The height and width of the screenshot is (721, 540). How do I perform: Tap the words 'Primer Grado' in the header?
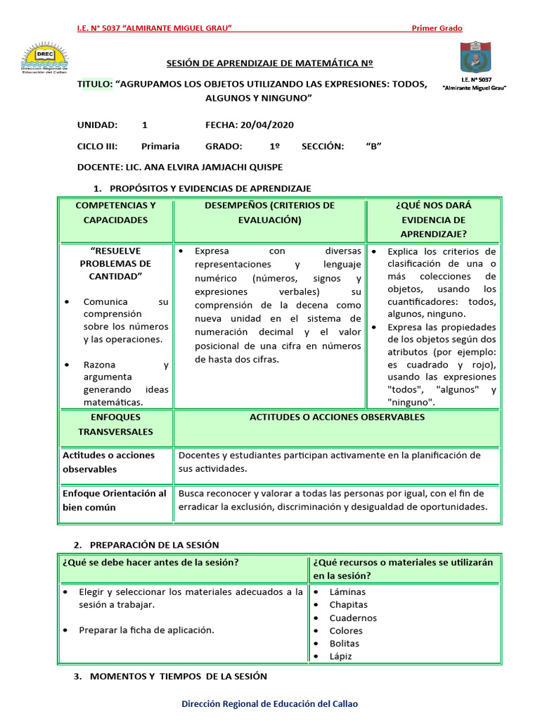437,28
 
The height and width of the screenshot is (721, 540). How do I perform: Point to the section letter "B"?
373,146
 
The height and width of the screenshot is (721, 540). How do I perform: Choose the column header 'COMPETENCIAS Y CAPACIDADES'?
115,213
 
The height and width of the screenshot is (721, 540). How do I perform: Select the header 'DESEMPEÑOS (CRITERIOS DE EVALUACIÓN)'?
269,213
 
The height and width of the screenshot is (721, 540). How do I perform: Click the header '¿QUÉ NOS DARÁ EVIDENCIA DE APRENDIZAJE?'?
433,220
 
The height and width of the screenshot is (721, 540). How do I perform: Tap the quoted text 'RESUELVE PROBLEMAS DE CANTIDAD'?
115,263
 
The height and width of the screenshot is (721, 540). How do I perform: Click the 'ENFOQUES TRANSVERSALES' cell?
115,425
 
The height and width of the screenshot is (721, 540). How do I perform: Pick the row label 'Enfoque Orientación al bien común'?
115,500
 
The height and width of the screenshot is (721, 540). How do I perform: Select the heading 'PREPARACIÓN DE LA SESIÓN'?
153,544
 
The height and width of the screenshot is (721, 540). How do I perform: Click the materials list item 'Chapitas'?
348,605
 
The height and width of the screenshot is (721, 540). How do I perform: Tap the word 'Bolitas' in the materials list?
344,644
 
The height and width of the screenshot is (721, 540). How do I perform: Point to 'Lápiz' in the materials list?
340,656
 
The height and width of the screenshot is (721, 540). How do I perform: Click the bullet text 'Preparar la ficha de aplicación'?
146,630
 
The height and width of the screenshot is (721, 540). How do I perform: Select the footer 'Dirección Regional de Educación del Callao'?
270,703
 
